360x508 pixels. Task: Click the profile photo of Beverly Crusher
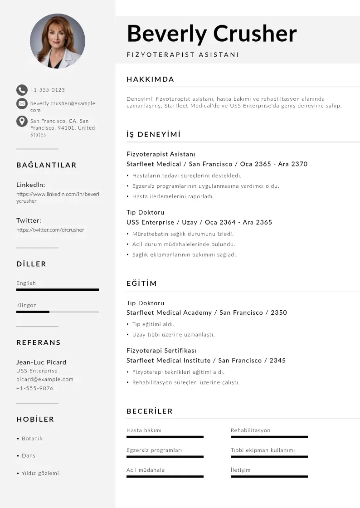[58, 41]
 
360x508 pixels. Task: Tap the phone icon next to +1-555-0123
[22, 90]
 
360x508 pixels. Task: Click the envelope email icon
[22, 104]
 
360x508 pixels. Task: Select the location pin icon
[22, 121]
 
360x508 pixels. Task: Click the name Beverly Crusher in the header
[212, 34]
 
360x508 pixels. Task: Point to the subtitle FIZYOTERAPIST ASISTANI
[183, 55]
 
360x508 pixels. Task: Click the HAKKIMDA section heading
[150, 79]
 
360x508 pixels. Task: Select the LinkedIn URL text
[58, 197]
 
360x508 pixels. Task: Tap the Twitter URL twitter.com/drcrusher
[50, 230]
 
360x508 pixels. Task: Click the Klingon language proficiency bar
[58, 312]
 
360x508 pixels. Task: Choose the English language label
[26, 283]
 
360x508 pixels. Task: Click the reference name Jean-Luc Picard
[41, 362]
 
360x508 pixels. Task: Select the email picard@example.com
[44, 379]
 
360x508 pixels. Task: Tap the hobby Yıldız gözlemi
[40, 473]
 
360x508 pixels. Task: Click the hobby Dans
[28, 455]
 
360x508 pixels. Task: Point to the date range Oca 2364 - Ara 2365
[238, 222]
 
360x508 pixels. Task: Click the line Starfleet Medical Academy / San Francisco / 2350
[206, 313]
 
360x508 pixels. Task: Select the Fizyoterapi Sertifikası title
[161, 351]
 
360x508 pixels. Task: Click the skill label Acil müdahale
[146, 470]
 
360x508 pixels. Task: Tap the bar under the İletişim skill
[269, 476]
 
